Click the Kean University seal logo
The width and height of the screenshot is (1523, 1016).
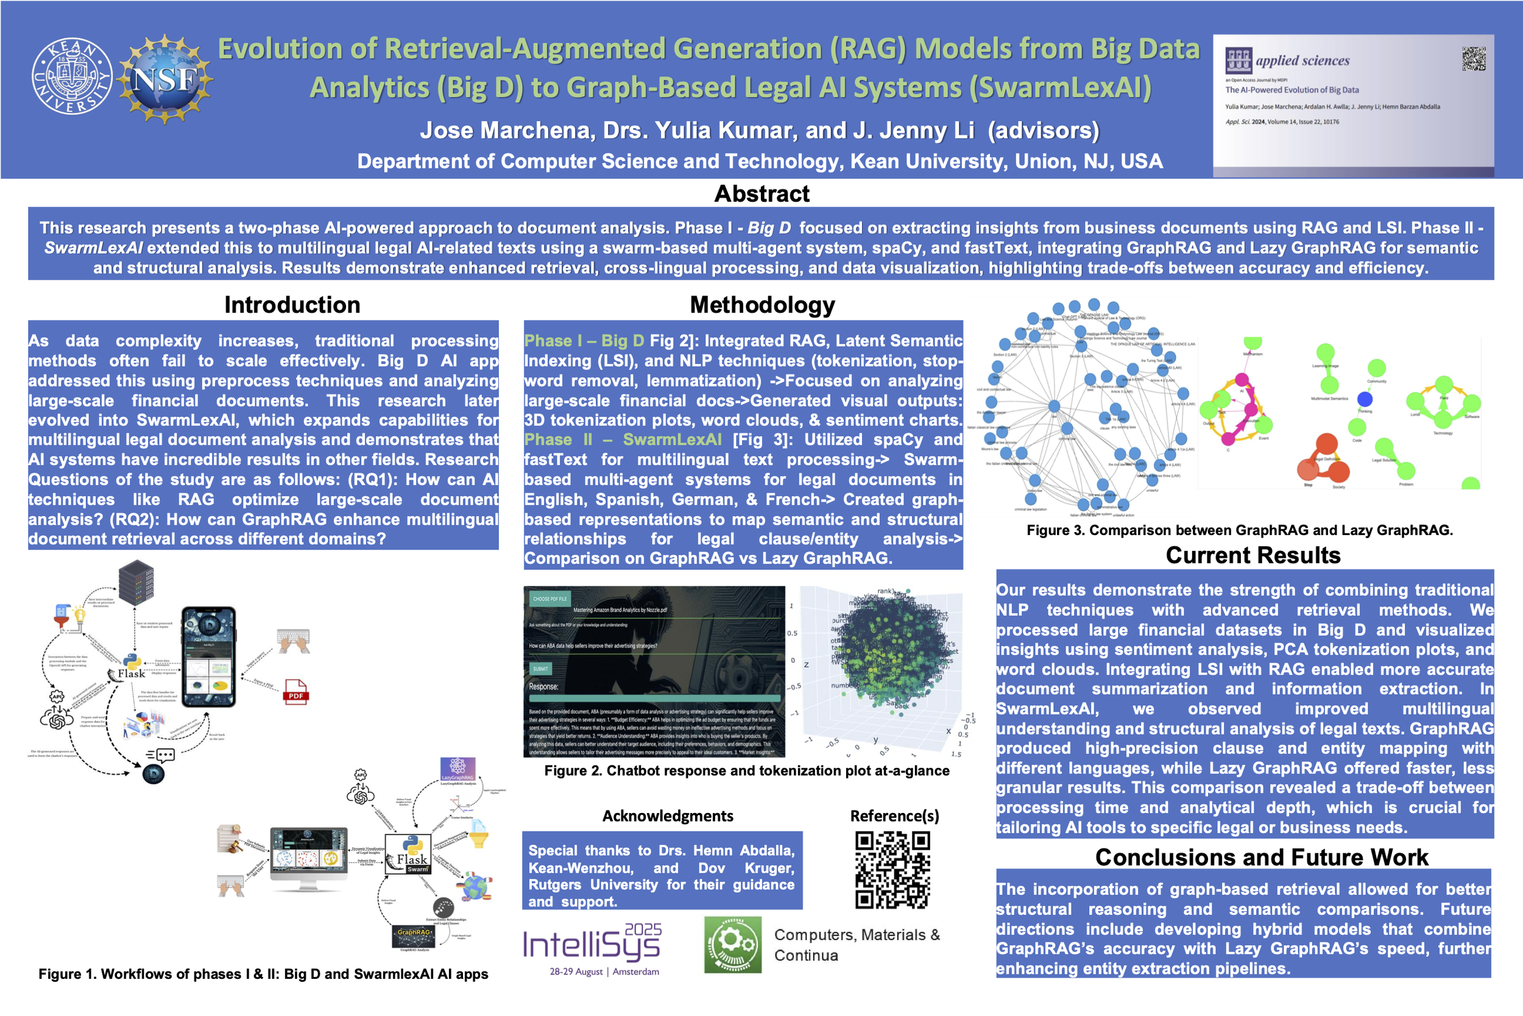(x=72, y=76)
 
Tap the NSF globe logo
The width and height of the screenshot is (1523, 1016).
(x=165, y=79)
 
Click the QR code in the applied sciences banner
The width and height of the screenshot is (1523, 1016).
(x=1473, y=59)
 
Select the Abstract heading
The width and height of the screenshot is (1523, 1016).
(x=761, y=194)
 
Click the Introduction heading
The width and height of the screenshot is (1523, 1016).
(x=292, y=305)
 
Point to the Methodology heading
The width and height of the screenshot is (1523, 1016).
(x=762, y=305)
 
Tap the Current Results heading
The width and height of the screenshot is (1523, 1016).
(x=1253, y=555)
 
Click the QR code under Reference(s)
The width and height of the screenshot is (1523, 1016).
(x=892, y=870)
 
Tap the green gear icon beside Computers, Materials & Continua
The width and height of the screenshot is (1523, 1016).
(x=732, y=944)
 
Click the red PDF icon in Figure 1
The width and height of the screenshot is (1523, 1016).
(x=295, y=692)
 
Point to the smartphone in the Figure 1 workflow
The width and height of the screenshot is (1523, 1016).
(x=208, y=656)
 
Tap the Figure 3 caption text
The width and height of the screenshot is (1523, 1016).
(x=1239, y=530)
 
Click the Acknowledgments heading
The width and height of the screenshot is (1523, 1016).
(x=668, y=815)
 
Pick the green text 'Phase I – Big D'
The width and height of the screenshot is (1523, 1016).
(x=584, y=341)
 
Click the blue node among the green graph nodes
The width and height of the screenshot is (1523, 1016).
(x=1365, y=399)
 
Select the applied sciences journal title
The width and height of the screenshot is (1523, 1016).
(x=1302, y=61)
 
